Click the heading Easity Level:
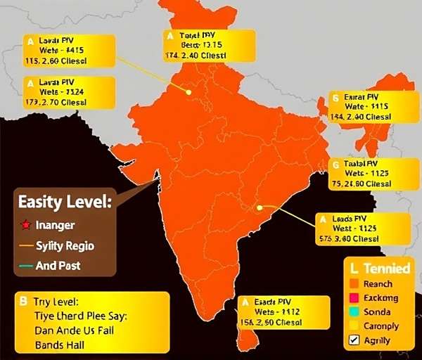point(65,202)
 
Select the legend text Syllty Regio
point(64,246)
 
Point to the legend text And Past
point(58,266)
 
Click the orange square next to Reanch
point(354,284)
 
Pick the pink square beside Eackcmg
point(354,298)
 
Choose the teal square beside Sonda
point(354,312)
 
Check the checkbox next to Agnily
point(354,341)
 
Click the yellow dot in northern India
point(188,91)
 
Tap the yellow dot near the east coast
point(260,207)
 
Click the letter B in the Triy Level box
point(23,301)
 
